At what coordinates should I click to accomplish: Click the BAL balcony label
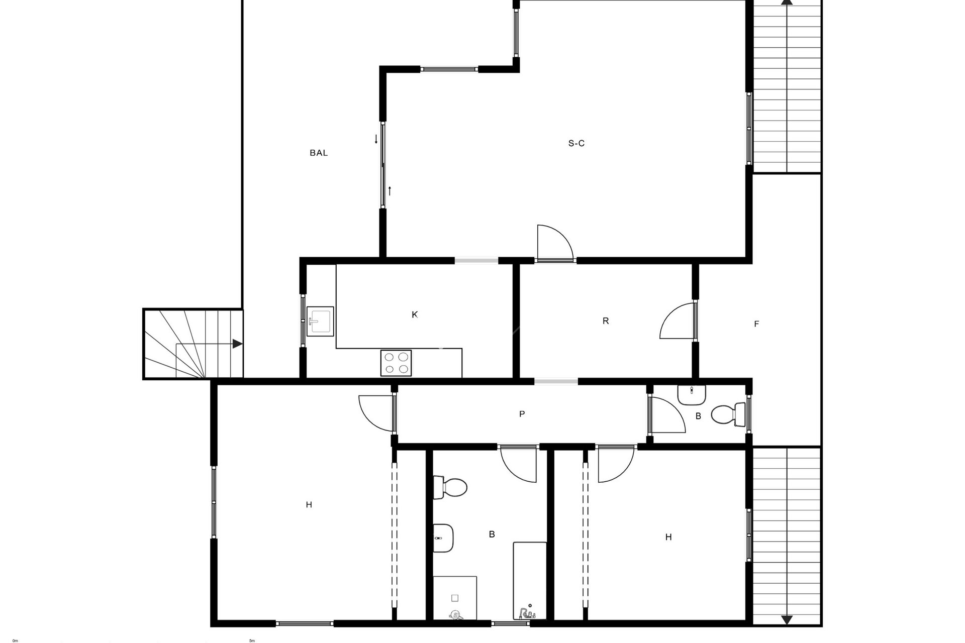(x=319, y=153)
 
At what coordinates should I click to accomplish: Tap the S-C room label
(x=576, y=143)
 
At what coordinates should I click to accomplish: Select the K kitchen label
(x=415, y=315)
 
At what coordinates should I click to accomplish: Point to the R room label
(x=606, y=321)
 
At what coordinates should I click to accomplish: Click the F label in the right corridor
(x=756, y=324)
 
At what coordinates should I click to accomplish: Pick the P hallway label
(x=522, y=414)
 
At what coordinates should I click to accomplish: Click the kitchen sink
(x=320, y=321)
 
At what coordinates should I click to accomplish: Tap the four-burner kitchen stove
(x=396, y=363)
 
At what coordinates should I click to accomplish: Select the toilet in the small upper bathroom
(x=728, y=414)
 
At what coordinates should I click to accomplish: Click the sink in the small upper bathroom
(x=692, y=395)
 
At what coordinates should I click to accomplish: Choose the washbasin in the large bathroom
(x=443, y=538)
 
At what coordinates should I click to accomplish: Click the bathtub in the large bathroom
(x=530, y=581)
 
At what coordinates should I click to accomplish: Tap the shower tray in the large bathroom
(x=455, y=598)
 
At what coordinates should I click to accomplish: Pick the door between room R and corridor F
(x=678, y=320)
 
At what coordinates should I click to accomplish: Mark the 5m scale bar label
(x=252, y=640)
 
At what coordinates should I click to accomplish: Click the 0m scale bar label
(x=15, y=640)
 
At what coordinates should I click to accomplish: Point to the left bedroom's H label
(x=309, y=505)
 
